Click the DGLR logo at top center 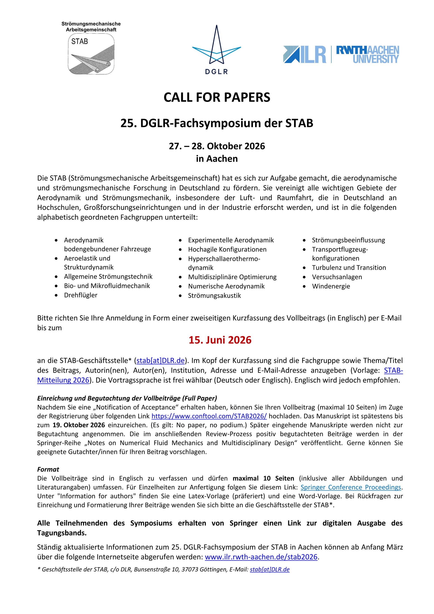[217, 50]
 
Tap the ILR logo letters [305, 54]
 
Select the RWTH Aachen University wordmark [367, 54]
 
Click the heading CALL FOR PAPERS [217, 97]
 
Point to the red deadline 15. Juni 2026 [220, 340]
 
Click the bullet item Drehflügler [81, 295]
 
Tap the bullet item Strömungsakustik [214, 296]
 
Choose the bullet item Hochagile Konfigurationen [227, 249]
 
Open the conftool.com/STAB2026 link [209, 416]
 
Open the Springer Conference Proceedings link [351, 487]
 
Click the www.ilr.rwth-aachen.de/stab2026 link [261, 557]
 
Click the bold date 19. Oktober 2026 [79, 425]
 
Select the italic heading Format [48, 469]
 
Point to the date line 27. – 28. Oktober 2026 [217, 146]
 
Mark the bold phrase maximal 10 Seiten [263, 478]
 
